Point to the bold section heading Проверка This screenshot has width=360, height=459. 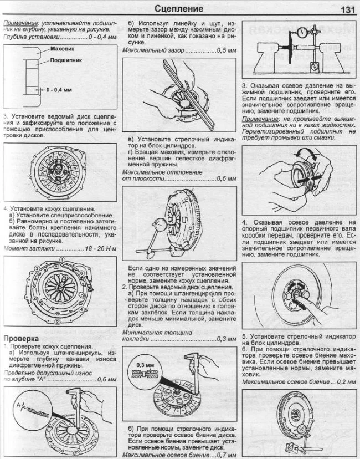pyautogui.click(x=20, y=338)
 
